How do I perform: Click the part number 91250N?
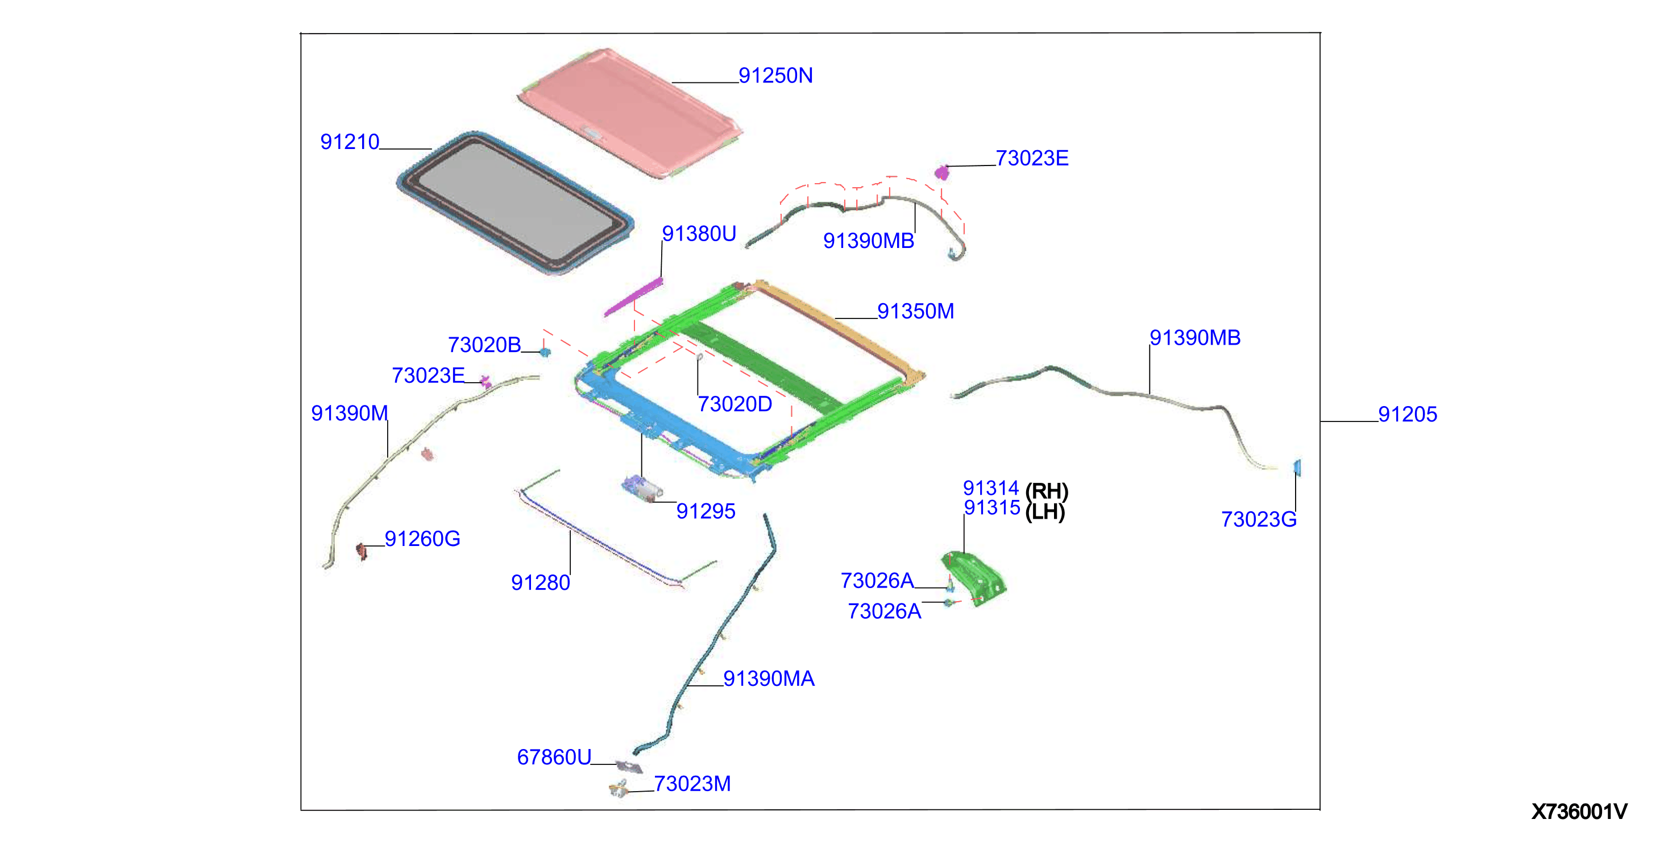(x=775, y=76)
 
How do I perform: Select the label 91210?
(x=350, y=142)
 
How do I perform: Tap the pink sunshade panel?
(x=630, y=111)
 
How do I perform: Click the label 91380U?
(x=699, y=234)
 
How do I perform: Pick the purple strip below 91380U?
(x=633, y=297)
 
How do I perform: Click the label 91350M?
(x=915, y=312)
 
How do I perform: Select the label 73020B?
(x=484, y=345)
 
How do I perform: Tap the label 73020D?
(x=735, y=404)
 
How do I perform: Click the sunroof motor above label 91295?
(x=642, y=489)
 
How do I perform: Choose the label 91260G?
(x=422, y=539)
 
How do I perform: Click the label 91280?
(x=541, y=583)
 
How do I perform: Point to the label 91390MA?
(x=769, y=679)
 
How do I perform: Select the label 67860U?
(x=554, y=757)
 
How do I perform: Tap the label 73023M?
(x=692, y=784)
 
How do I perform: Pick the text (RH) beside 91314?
(x=1047, y=491)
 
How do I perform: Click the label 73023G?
(x=1259, y=519)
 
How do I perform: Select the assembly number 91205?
(x=1407, y=415)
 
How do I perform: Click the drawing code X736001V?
(x=1579, y=812)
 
